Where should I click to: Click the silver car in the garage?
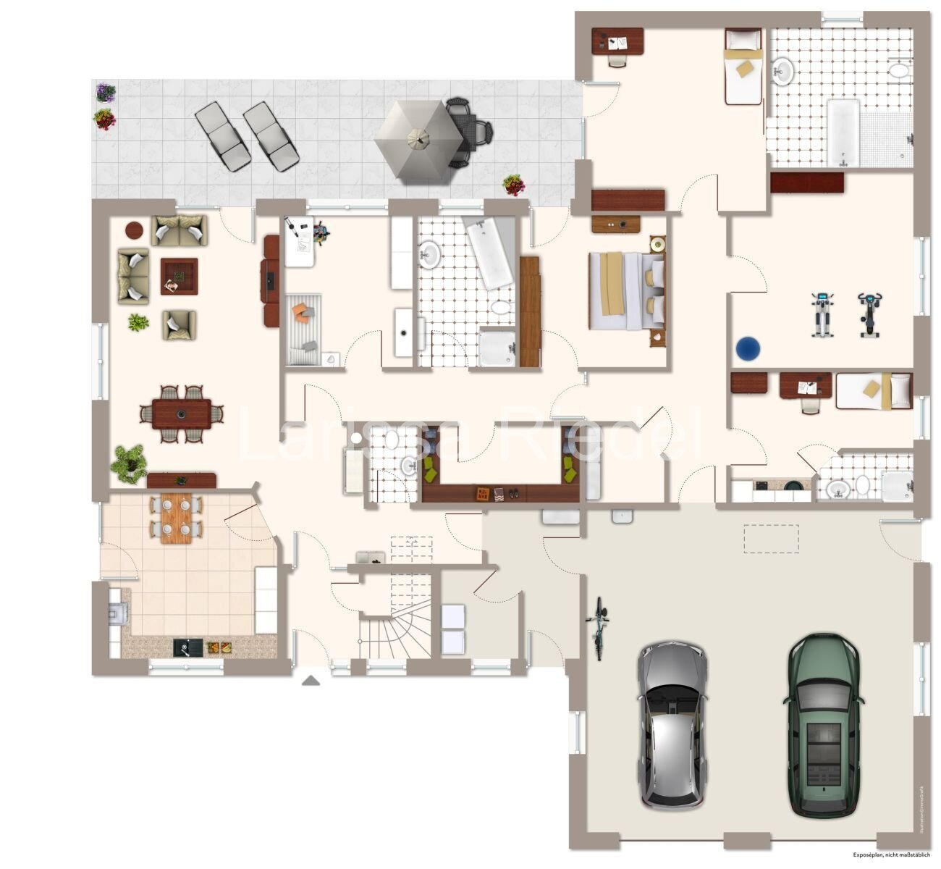coord(672,724)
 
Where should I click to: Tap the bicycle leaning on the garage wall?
coord(598,628)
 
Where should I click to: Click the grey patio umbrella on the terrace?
coord(418,138)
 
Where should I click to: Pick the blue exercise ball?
coord(748,348)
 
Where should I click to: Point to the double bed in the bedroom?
coord(626,290)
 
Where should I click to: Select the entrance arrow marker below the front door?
coord(311,680)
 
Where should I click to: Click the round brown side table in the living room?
coord(135,230)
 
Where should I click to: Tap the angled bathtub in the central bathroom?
coord(489,253)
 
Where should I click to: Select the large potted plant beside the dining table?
coord(129,463)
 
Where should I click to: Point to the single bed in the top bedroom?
coord(743,67)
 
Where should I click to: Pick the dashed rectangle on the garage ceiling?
coord(771,539)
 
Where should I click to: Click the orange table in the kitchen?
coord(176,518)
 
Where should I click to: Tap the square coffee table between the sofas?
coord(179,276)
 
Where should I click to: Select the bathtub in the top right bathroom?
coord(843,133)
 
